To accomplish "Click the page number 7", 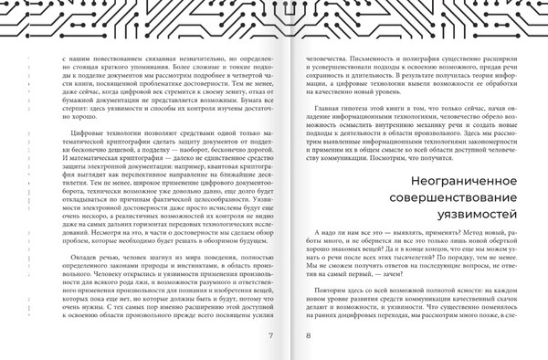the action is click(x=270, y=336).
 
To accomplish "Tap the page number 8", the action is click(x=308, y=336).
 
